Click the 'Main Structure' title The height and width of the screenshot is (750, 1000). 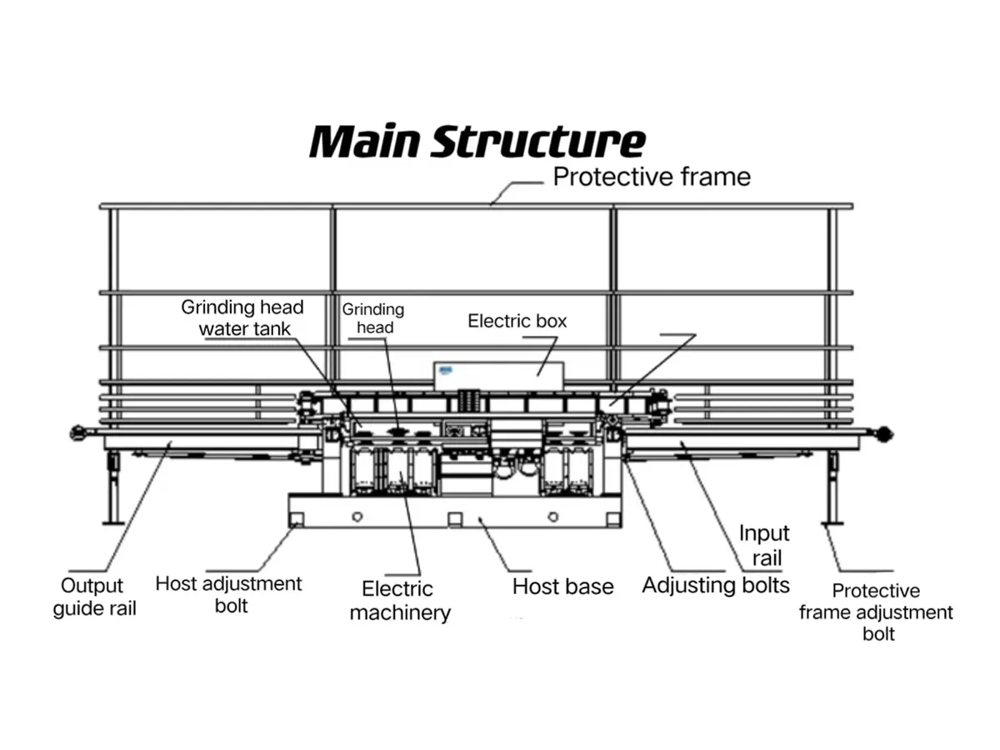pyautogui.click(x=477, y=142)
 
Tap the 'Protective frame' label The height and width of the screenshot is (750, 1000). pyautogui.click(x=652, y=177)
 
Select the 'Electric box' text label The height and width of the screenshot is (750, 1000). pyautogui.click(x=517, y=321)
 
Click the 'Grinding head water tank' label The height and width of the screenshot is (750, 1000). pyautogui.click(x=242, y=317)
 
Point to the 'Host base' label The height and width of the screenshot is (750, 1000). pyautogui.click(x=562, y=587)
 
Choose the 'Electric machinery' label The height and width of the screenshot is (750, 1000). pyautogui.click(x=399, y=601)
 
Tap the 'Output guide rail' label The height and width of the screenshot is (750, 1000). pyautogui.click(x=94, y=597)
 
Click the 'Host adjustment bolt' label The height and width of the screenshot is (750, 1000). pyautogui.click(x=228, y=594)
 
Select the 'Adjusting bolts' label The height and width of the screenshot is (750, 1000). pyautogui.click(x=715, y=585)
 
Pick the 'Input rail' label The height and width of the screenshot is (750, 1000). pyautogui.click(x=763, y=545)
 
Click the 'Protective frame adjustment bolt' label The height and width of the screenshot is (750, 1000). pyautogui.click(x=876, y=612)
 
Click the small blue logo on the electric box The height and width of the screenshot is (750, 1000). pyautogui.click(x=446, y=368)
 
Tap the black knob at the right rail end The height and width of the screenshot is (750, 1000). pyautogui.click(x=884, y=433)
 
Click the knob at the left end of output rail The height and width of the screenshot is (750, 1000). pyautogui.click(x=78, y=432)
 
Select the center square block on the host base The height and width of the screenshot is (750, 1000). pyautogui.click(x=455, y=519)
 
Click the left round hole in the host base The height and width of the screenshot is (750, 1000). pyautogui.click(x=357, y=517)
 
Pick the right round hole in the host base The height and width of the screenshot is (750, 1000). pyautogui.click(x=552, y=517)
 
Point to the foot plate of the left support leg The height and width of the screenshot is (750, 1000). pyautogui.click(x=113, y=522)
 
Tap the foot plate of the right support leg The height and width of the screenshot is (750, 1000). pyautogui.click(x=831, y=522)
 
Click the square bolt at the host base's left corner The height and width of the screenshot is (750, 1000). pyautogui.click(x=296, y=519)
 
